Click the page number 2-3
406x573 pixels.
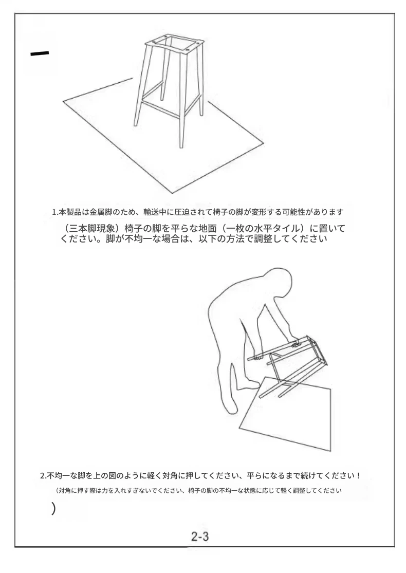click(200, 536)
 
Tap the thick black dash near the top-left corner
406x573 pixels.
click(40, 54)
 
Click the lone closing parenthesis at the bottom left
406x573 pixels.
click(54, 508)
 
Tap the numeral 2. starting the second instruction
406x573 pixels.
click(43, 476)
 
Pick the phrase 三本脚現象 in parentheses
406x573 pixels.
click(92, 229)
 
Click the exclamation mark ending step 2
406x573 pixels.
click(359, 476)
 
